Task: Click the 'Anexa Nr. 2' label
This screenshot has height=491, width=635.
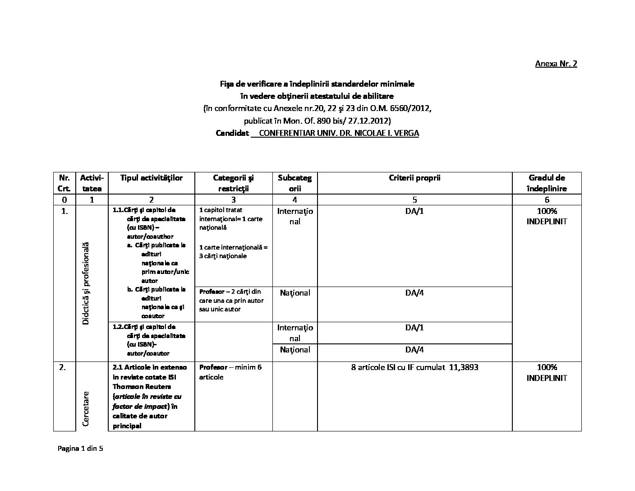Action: pyautogui.click(x=556, y=64)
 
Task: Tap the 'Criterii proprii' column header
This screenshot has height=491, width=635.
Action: pyautogui.click(x=414, y=178)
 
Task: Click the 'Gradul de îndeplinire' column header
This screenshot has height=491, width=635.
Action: pyautogui.click(x=547, y=183)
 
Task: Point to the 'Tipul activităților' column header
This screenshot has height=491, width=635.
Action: pyautogui.click(x=151, y=178)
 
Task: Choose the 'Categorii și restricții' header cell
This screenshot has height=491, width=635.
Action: pyautogui.click(x=233, y=183)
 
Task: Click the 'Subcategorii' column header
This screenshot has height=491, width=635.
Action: pyautogui.click(x=294, y=183)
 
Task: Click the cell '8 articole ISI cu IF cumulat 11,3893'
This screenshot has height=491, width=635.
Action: pyautogui.click(x=414, y=367)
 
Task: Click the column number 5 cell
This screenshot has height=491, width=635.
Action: pyautogui.click(x=414, y=199)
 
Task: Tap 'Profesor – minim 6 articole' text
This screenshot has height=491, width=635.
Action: pyautogui.click(x=230, y=372)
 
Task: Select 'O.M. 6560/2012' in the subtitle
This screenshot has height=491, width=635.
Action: pyautogui.click(x=407, y=108)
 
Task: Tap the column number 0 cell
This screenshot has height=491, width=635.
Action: pyautogui.click(x=64, y=199)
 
